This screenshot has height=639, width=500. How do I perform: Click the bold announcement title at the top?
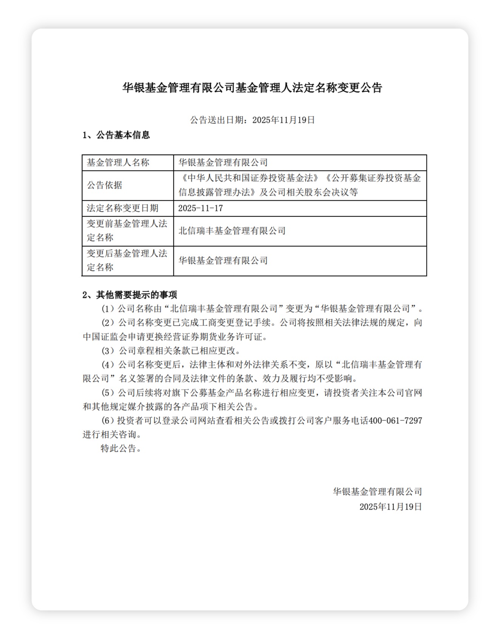coord(252,88)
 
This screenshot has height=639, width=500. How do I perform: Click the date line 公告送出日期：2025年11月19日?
coord(252,120)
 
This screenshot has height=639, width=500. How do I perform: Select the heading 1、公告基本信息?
coord(116,135)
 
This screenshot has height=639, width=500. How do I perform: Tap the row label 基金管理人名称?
coord(118,163)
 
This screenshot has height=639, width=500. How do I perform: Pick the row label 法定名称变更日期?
coord(123,208)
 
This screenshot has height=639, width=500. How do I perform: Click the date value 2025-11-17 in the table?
coord(200,208)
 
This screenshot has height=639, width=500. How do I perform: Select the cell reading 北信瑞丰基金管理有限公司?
coord(232,231)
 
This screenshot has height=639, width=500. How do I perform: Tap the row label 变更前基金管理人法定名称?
coord(127,231)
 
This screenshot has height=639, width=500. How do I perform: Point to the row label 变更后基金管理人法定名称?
coord(127,260)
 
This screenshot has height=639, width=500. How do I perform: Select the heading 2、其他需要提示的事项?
coord(130,295)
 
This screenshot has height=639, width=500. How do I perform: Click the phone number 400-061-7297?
coord(395,421)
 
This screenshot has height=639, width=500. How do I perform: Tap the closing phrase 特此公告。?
coord(121,449)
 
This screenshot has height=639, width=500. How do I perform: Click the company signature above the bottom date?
coord(377,492)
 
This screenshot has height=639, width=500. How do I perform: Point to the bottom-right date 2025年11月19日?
coord(390,507)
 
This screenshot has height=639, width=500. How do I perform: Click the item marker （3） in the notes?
coord(108,351)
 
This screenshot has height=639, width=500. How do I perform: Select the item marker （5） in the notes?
coord(108,393)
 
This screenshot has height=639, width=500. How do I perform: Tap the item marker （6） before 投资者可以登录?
coord(108,421)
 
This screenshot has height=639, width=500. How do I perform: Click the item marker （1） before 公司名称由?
coord(108,309)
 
